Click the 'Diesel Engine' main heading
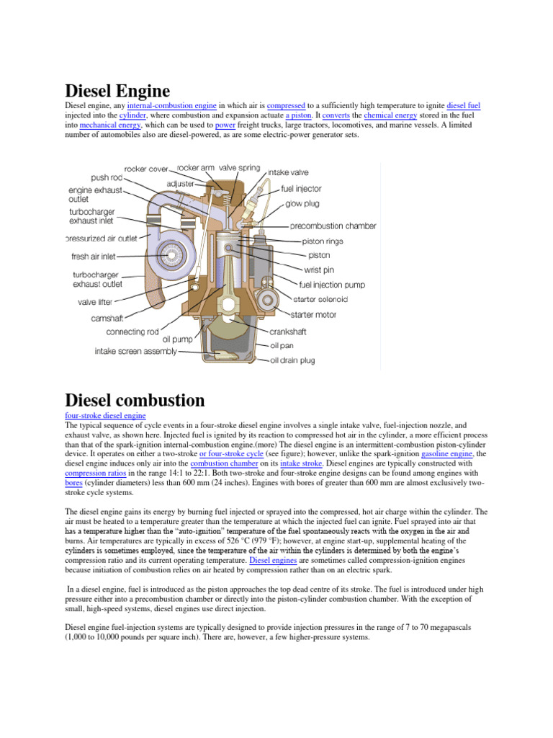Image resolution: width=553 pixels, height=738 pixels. tap(117, 92)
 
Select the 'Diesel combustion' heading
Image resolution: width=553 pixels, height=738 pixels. tap(135, 400)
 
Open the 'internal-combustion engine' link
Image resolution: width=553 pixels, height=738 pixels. tap(171, 105)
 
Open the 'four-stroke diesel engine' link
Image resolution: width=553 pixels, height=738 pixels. tap(105, 416)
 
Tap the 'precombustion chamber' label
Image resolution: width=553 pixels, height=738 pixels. tap(333, 226)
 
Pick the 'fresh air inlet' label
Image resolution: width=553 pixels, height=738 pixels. tap(93, 256)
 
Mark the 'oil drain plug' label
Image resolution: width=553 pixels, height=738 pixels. tap(292, 360)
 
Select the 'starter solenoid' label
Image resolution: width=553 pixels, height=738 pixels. tap(320, 298)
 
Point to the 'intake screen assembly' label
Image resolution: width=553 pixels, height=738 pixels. tap(135, 352)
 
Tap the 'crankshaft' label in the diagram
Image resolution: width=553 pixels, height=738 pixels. tap(287, 332)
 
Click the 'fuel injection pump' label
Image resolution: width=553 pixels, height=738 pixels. tap(328, 284)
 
